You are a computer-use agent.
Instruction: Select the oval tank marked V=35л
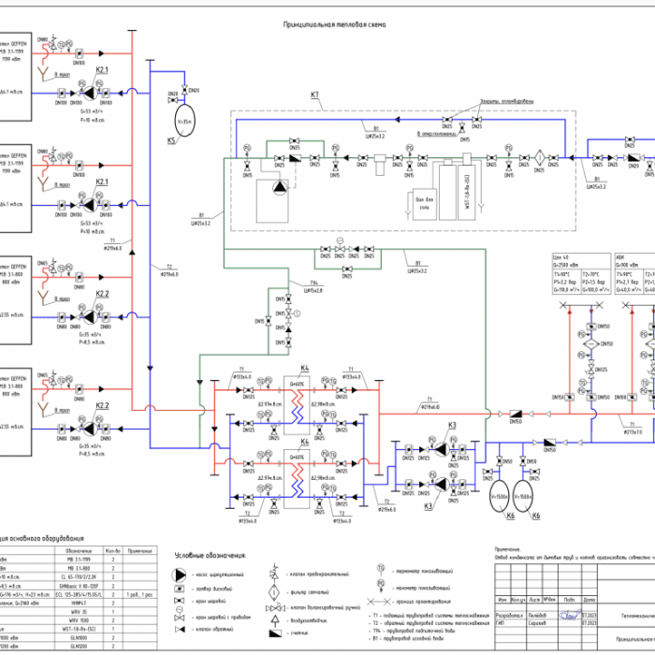tap(185, 122)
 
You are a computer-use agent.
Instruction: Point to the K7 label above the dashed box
tap(315, 95)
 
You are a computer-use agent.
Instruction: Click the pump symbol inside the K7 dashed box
tap(281, 187)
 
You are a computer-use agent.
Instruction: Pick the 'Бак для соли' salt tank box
tap(424, 199)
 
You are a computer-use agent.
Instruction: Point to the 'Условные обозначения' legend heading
tap(192, 556)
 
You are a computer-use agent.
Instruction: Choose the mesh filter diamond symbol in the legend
tap(273, 591)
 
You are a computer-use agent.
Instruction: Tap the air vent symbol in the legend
tap(273, 619)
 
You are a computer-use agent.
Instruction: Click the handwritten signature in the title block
tap(566, 615)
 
